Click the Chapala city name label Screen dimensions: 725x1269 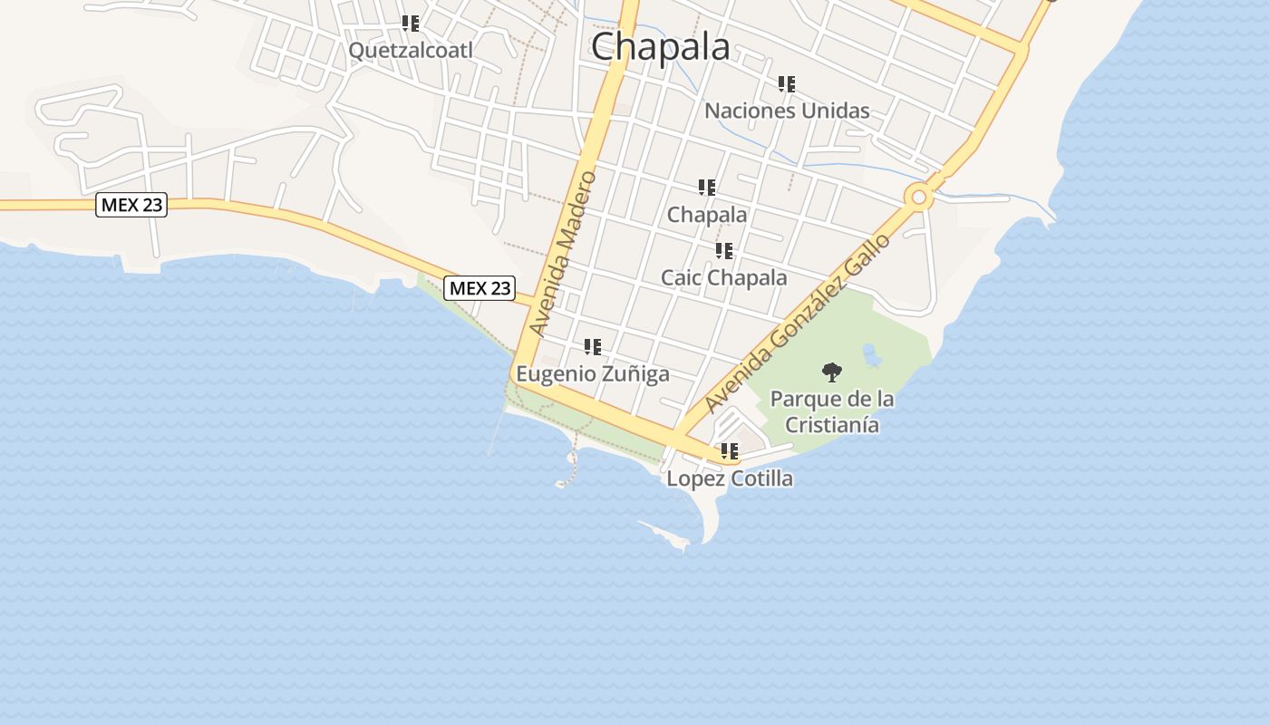(660, 47)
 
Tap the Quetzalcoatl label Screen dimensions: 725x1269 (411, 51)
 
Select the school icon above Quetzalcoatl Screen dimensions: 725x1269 (411, 23)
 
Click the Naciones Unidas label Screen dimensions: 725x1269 (787, 111)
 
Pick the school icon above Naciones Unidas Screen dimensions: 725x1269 (787, 84)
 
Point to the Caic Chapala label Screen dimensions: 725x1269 (723, 277)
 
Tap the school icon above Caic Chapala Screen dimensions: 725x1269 (723, 250)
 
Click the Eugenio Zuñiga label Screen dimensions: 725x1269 (593, 373)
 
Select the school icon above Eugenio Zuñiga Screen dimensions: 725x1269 (593, 346)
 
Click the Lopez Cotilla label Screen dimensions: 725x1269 (730, 478)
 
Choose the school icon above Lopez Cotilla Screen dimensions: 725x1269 (730, 450)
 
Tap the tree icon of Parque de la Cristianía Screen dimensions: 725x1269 (831, 372)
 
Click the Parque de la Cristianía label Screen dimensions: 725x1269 (831, 411)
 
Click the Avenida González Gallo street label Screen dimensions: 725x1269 (798, 323)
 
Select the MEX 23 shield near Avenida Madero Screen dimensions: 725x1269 (480, 288)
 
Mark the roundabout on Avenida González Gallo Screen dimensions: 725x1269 (919, 196)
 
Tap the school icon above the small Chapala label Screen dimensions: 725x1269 (707, 188)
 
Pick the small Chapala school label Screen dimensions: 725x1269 (707, 215)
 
